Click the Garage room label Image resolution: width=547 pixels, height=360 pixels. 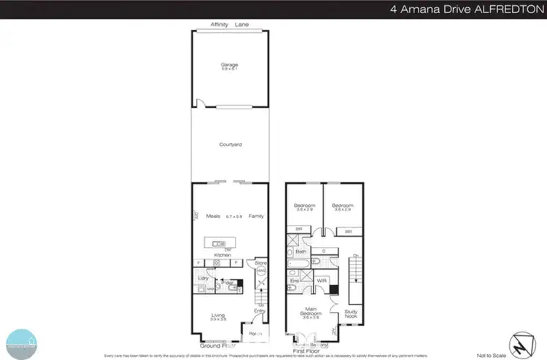tap(230, 66)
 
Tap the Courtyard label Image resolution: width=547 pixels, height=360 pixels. tap(230, 145)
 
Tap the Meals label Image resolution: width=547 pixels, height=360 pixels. tap(213, 216)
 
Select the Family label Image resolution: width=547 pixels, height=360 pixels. tap(256, 216)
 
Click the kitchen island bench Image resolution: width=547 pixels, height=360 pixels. tap(228, 243)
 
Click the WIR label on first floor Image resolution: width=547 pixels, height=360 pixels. tap(322, 280)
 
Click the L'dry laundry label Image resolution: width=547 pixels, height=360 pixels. tap(204, 278)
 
